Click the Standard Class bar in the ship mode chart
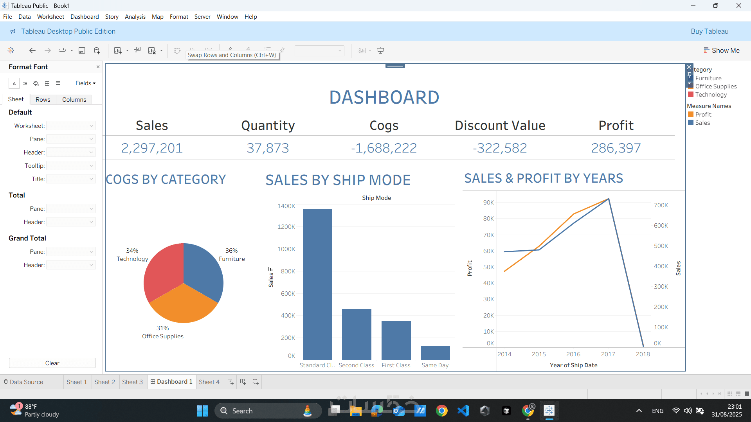[x=317, y=284]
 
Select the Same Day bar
[x=435, y=352]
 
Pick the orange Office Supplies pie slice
[x=183, y=305]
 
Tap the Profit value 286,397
[x=616, y=148]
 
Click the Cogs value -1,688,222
[x=384, y=148]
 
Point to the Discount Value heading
[x=500, y=126]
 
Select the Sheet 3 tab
[x=132, y=382]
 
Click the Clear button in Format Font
[x=52, y=363]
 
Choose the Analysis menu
[x=135, y=17]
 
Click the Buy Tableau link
[x=709, y=31]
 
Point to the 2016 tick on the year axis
[x=573, y=354]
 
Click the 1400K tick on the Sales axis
[x=286, y=206]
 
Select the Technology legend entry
[x=711, y=95]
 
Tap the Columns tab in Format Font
[x=74, y=100]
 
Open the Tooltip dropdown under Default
[x=71, y=166]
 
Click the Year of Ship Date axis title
[x=573, y=365]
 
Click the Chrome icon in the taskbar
[x=441, y=411]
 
